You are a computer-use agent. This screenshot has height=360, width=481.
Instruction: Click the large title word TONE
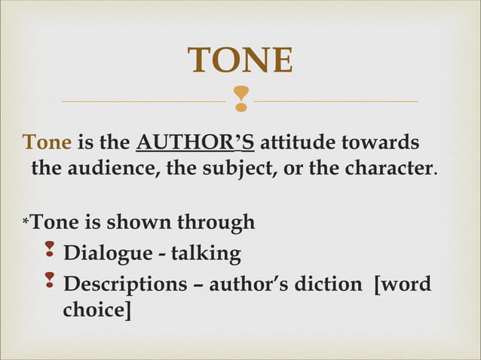[x=240, y=60]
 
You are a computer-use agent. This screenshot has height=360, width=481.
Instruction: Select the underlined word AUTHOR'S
[x=195, y=142]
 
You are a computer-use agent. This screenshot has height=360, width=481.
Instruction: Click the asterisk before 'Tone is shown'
[x=26, y=223]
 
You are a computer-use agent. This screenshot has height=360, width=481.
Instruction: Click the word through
[x=216, y=223]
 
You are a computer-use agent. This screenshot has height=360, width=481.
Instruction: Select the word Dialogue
[x=107, y=254]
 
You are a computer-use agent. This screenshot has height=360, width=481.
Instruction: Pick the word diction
[x=332, y=285]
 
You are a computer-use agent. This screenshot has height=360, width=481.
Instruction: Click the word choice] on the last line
[x=97, y=310]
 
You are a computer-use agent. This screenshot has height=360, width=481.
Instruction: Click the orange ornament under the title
[x=240, y=99]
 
